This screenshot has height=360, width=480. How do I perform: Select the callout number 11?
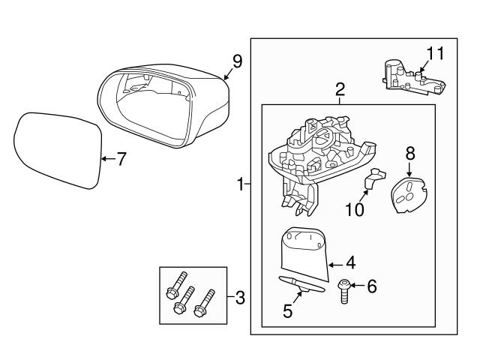pyautogui.click(x=436, y=52)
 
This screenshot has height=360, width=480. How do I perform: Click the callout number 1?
pyautogui.click(x=240, y=184)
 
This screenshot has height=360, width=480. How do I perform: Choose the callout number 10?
pyautogui.click(x=354, y=208)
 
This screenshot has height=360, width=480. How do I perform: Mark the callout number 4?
pyautogui.click(x=349, y=264)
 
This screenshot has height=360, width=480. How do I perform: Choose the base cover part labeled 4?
pyautogui.click(x=304, y=250)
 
